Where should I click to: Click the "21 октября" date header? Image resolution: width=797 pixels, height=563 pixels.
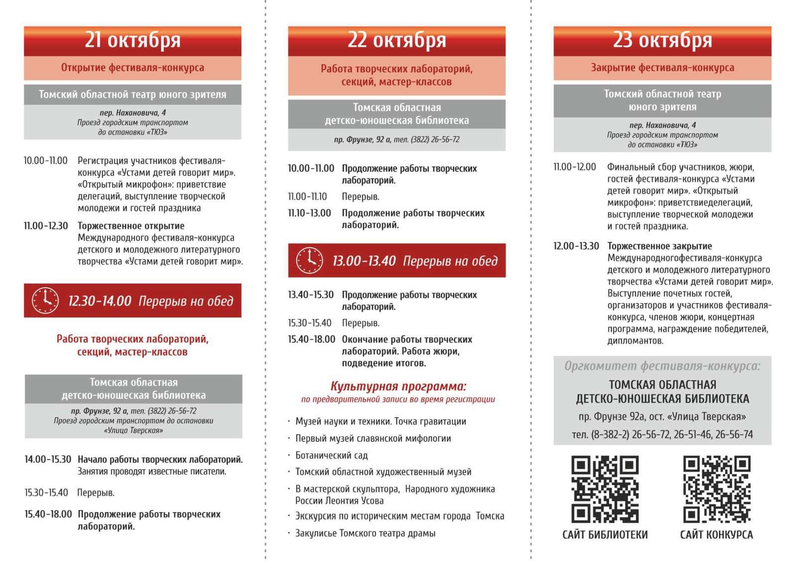point(133,40)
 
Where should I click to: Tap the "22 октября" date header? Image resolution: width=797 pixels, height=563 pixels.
point(397,40)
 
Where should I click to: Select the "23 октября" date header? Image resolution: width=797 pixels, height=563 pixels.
point(662,40)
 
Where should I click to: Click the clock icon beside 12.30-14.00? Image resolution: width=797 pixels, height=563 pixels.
point(45,301)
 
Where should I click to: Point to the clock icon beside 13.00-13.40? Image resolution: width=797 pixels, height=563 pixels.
point(309,260)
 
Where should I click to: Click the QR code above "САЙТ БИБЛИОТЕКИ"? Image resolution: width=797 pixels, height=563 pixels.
point(605,489)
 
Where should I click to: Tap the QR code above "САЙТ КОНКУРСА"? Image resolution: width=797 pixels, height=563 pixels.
point(716,489)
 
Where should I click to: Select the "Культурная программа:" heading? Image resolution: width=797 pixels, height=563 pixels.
point(398,386)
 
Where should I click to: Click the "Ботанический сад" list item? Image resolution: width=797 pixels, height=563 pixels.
point(331,455)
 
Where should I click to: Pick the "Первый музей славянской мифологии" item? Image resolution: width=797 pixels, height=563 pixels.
point(373,438)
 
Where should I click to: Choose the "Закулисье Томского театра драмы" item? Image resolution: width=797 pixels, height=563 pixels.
point(365,533)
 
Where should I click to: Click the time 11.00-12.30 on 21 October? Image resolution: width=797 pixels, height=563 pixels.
point(46,226)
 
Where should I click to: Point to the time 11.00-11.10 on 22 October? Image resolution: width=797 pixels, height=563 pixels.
point(307,197)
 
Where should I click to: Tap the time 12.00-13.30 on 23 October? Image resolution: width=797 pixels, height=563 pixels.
point(576,246)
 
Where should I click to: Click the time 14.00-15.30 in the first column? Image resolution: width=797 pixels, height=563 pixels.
point(48,459)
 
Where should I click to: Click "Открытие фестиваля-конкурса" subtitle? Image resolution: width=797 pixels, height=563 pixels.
point(133,68)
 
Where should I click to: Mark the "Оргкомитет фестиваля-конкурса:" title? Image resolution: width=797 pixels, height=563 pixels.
point(662,366)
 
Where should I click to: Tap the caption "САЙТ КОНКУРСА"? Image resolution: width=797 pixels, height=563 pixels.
point(716,535)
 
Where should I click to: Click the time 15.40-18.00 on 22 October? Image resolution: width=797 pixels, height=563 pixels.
point(311,339)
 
